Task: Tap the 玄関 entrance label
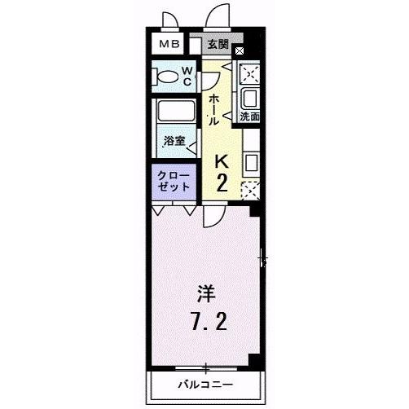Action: pos(217,44)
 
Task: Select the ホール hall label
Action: pos(213,108)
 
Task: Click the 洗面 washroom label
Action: pos(249,117)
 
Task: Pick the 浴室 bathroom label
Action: pos(174,140)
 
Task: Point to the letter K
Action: pos(221,161)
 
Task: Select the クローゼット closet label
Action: pos(174,180)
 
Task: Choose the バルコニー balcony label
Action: pos(206,384)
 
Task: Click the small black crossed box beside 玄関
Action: pos(239,51)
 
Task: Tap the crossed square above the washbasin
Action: pos(249,73)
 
